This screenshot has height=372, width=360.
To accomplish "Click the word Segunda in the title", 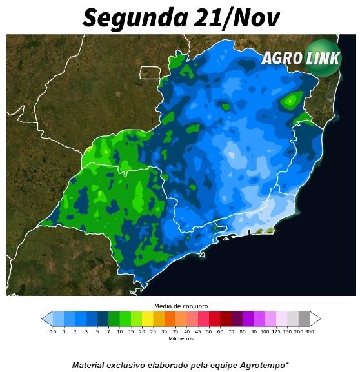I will tap(132, 18).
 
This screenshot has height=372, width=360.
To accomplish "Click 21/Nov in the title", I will tap(233, 18).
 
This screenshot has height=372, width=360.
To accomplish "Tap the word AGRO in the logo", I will tap(282, 58).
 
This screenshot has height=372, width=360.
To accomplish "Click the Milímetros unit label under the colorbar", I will tap(180, 338).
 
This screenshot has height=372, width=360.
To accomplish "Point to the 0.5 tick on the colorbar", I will tap(53, 331).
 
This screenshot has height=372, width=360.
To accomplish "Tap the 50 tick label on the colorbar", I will tap(209, 331).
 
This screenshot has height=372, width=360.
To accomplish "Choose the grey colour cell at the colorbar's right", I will tap(303, 318).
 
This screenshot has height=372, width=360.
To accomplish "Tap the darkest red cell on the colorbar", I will tap(225, 318).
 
